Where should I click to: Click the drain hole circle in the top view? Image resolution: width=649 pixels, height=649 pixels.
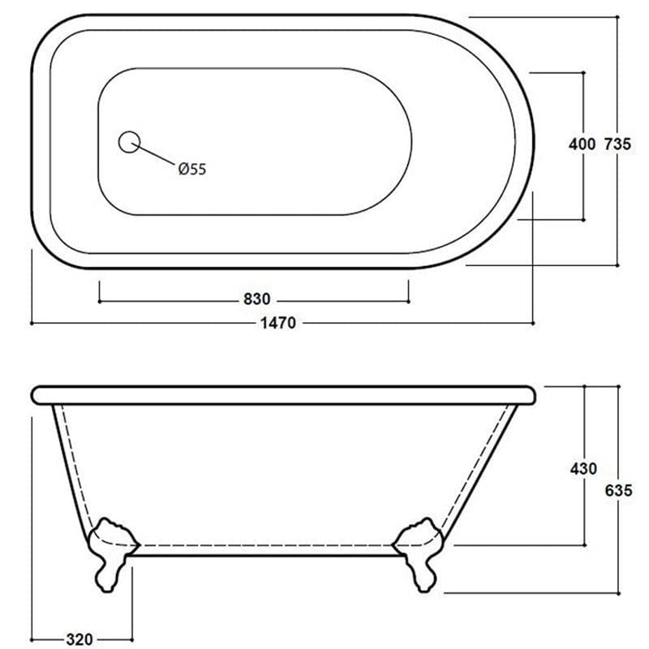pyautogui.click(x=128, y=142)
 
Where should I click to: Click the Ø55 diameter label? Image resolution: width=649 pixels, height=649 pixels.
pyautogui.click(x=192, y=169)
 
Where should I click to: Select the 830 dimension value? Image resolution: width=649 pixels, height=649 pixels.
pyautogui.click(x=256, y=300)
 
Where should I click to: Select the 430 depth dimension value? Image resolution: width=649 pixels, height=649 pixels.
pyautogui.click(x=583, y=469)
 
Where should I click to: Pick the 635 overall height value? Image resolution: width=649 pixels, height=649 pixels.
pyautogui.click(x=619, y=490)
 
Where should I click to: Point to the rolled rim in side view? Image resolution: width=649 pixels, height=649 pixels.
pyautogui.click(x=284, y=395)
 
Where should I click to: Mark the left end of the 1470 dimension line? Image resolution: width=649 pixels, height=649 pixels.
pyautogui.click(x=32, y=323)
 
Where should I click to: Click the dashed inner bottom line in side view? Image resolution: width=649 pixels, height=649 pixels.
pyautogui.click(x=268, y=544)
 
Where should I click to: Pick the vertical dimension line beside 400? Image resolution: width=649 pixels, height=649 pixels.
pyautogui.click(x=582, y=187)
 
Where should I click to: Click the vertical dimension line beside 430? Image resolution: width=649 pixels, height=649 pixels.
pyautogui.click(x=584, y=511)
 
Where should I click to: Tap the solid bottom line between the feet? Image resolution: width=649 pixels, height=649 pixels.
pyautogui.click(x=268, y=557)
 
